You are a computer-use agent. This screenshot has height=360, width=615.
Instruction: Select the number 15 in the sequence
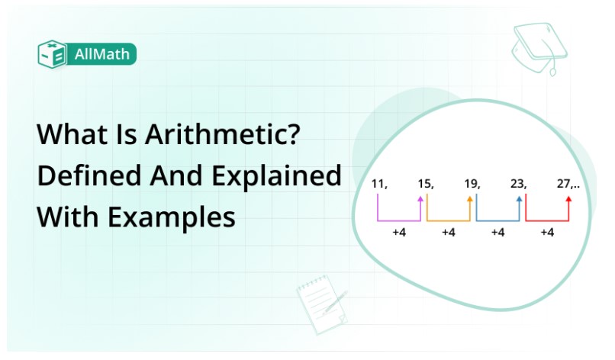(425, 183)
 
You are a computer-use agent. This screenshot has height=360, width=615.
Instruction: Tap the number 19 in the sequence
(471, 183)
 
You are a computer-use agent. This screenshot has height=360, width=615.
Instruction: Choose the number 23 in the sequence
(518, 183)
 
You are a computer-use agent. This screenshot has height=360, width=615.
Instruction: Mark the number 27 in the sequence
(565, 183)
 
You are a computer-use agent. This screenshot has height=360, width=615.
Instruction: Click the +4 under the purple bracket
(398, 233)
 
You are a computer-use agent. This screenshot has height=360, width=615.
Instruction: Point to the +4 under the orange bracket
(448, 233)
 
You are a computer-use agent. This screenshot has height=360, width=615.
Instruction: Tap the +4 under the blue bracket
(497, 233)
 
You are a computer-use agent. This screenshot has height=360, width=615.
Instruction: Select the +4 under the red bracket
(546, 233)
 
